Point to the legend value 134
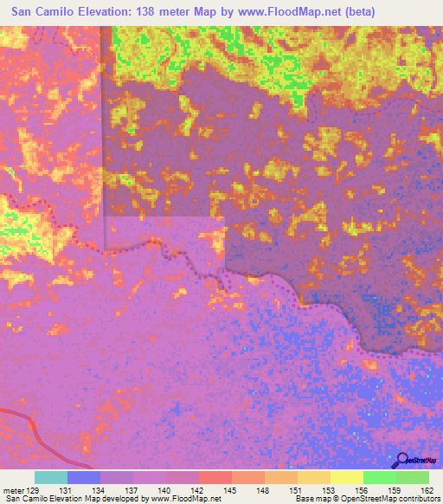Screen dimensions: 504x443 tap(100, 490)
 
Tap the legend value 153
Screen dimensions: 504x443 tap(330, 490)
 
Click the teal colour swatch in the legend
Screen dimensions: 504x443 tap(51, 477)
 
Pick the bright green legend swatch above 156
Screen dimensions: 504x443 tap(379, 477)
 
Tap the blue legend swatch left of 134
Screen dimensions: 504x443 tap(84, 477)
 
